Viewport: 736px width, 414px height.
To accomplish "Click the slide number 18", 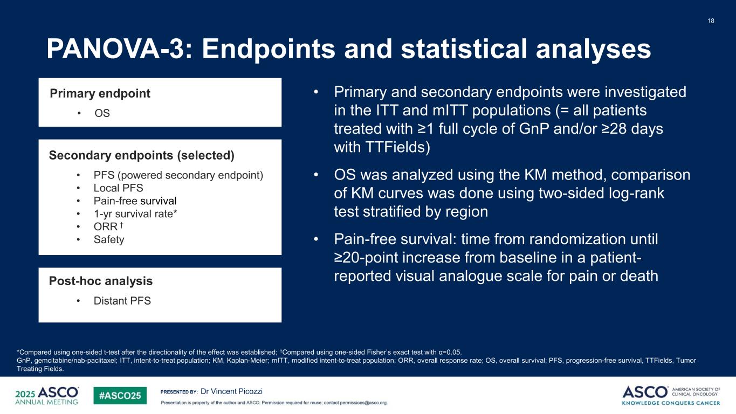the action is point(711,20).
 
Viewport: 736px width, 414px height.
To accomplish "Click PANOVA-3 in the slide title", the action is point(115,49).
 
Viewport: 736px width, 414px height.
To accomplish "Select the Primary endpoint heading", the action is point(100,93).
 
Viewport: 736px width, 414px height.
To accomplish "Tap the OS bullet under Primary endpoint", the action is point(102,113).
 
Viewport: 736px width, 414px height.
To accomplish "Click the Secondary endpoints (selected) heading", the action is point(142,155).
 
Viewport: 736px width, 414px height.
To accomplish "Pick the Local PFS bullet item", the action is point(118,188).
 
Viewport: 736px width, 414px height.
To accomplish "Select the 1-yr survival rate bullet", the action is point(135,213).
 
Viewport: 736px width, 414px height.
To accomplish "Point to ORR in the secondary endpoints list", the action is point(106,226).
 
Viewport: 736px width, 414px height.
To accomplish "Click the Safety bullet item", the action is point(109,239).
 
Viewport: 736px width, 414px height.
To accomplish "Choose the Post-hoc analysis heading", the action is point(100,281).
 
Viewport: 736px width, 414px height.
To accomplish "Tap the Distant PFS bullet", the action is point(122,301).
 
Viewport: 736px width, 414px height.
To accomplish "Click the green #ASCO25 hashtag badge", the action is point(120,396).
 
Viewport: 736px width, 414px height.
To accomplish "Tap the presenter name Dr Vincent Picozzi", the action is point(231,391).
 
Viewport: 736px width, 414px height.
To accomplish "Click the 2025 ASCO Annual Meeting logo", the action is point(47,396).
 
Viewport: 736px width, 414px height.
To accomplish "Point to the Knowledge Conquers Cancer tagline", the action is point(671,403).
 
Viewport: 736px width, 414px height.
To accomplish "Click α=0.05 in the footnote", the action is point(449,352).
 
